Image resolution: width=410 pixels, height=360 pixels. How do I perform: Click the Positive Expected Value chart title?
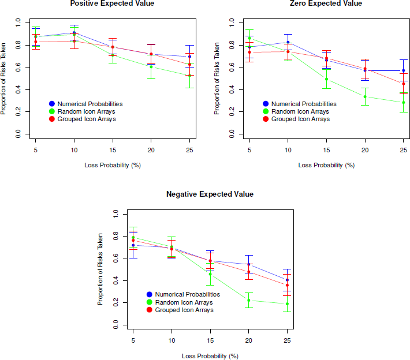pyautogui.click(x=112, y=3)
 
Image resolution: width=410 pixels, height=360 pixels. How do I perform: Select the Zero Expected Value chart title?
pyautogui.click(x=326, y=3)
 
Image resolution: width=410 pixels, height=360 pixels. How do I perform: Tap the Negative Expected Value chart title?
pyautogui.click(x=210, y=194)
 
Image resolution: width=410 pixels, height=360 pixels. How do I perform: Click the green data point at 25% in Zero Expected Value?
pyautogui.click(x=404, y=103)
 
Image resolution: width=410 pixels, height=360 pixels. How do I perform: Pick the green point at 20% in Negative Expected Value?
pyautogui.click(x=249, y=301)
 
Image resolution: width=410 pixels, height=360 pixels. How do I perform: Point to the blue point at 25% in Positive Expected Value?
pyautogui.click(x=189, y=57)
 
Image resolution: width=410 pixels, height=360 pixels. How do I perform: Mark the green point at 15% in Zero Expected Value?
pyautogui.click(x=326, y=79)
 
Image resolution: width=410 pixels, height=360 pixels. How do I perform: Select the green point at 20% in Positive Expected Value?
pyautogui.click(x=151, y=66)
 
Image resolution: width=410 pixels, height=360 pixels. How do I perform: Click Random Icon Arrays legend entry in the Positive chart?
pyautogui.click(x=82, y=111)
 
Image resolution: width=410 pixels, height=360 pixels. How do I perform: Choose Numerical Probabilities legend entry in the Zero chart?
pyautogui.click(x=300, y=104)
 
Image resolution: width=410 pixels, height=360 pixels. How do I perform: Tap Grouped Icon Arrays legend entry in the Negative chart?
pyautogui.click(x=180, y=310)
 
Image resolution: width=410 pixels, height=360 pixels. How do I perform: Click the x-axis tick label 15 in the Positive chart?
pyautogui.click(x=113, y=150)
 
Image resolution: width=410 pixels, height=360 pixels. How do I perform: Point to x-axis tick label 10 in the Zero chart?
pyautogui.click(x=288, y=150)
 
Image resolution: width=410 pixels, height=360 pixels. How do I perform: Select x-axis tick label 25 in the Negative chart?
pyautogui.click(x=287, y=340)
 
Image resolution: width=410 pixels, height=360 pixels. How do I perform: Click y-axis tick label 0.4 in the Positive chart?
pyautogui.click(x=18, y=89)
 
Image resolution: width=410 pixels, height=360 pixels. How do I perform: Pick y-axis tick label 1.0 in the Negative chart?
pyautogui.click(x=115, y=214)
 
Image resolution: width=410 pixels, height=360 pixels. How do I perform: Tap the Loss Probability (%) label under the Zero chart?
pyautogui.click(x=326, y=166)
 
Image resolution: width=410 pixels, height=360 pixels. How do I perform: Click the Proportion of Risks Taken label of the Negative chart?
pyautogui.click(x=100, y=269)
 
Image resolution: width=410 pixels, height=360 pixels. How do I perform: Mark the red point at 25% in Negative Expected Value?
pyautogui.click(x=287, y=285)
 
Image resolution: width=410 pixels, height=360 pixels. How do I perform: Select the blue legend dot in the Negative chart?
pyautogui.click(x=150, y=294)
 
